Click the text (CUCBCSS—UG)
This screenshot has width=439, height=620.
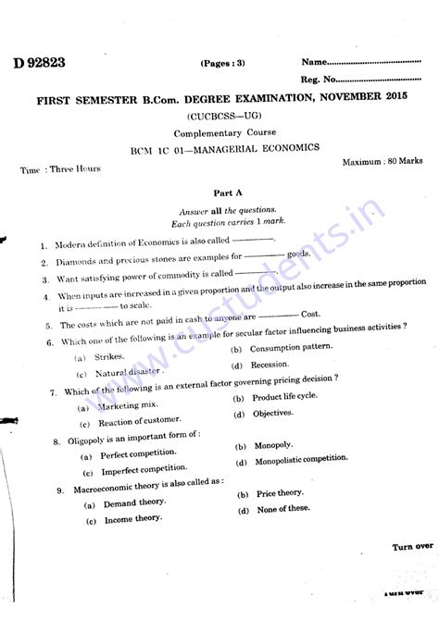pyautogui.click(x=219, y=117)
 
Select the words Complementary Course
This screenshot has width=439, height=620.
pyautogui.click(x=219, y=133)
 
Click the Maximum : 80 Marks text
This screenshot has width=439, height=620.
pyautogui.click(x=383, y=161)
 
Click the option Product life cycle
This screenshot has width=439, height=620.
pyautogui.click(x=283, y=397)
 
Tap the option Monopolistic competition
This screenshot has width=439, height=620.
pyautogui.click(x=296, y=460)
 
